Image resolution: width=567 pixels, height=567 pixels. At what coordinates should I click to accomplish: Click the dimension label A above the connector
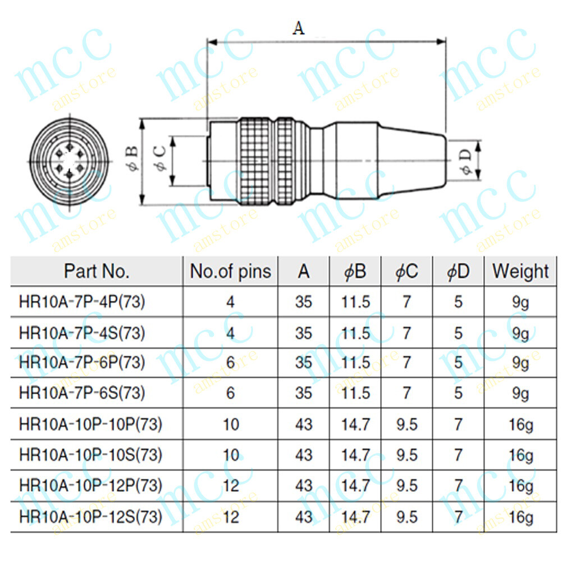(x=298, y=27)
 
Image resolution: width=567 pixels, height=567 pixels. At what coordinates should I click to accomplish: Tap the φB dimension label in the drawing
(x=132, y=159)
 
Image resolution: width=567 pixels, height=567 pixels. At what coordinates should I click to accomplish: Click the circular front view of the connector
(x=68, y=161)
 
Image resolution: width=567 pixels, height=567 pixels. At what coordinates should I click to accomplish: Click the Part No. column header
(x=97, y=271)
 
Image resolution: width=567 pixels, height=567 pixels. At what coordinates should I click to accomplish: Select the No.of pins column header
(x=230, y=271)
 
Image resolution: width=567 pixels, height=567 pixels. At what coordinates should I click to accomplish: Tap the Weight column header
(x=520, y=271)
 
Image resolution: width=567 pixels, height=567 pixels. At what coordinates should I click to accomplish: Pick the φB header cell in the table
(x=355, y=272)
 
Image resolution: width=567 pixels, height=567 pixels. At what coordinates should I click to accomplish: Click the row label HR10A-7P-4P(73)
(x=82, y=303)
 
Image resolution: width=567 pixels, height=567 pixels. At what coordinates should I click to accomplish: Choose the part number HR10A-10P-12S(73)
(x=90, y=516)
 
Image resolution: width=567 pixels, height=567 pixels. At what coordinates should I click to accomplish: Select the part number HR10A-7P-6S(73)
(x=82, y=393)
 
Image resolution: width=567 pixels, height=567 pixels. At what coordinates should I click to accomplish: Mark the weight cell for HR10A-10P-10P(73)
(x=520, y=424)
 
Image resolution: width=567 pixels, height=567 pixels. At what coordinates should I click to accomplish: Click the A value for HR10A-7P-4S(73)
(x=303, y=333)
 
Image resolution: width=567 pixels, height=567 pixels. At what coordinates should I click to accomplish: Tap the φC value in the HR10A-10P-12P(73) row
(x=407, y=485)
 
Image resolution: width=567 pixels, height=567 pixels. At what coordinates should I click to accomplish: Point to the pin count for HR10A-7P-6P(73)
(x=230, y=363)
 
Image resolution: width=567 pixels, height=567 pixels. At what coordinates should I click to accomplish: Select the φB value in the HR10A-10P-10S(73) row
(x=355, y=455)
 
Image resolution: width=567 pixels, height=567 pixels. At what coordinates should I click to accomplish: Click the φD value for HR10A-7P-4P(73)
(x=458, y=303)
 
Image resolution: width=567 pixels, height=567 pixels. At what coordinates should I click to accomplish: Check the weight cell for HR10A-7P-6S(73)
(x=520, y=393)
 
